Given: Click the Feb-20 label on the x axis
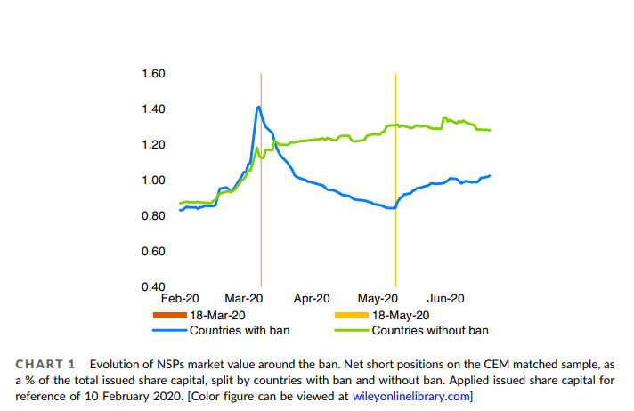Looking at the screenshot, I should pyautogui.click(x=181, y=299).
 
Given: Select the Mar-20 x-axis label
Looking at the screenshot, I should pyautogui.click(x=245, y=299).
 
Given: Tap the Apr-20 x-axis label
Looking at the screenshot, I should pyautogui.click(x=312, y=299).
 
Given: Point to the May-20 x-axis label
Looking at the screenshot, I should pyautogui.click(x=378, y=299).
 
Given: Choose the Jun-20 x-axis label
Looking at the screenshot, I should pyautogui.click(x=443, y=299).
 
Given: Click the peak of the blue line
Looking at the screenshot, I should pyautogui.click(x=258, y=108).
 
